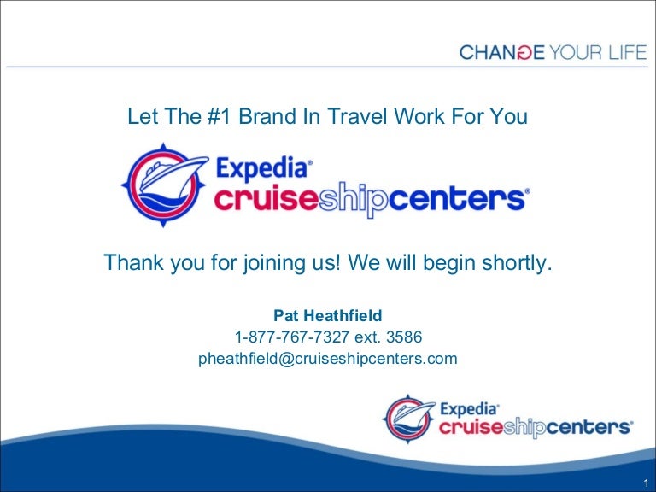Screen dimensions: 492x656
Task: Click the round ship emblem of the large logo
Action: point(162,182)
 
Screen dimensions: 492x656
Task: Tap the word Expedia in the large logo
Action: point(264,167)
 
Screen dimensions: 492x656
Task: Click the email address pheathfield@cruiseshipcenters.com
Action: point(328,359)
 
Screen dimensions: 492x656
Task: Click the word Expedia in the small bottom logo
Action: point(469,409)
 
